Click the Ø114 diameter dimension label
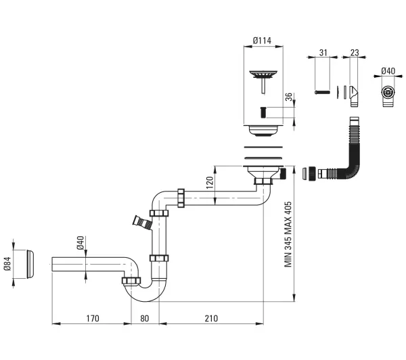tap(262, 41)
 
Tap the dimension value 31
tap(323, 53)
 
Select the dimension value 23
tap(355, 53)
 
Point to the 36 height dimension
tap(288, 97)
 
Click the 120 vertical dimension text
tap(210, 182)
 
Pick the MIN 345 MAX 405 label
tap(288, 234)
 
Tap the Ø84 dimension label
tap(7, 264)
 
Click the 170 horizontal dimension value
tap(93, 318)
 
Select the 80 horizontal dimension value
tap(145, 318)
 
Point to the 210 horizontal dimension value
tap(211, 318)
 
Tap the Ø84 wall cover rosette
tap(30, 264)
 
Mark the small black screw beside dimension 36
tap(263, 112)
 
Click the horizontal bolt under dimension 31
tap(322, 92)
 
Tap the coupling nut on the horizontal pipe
tap(181, 198)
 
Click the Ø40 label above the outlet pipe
tap(81, 243)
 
